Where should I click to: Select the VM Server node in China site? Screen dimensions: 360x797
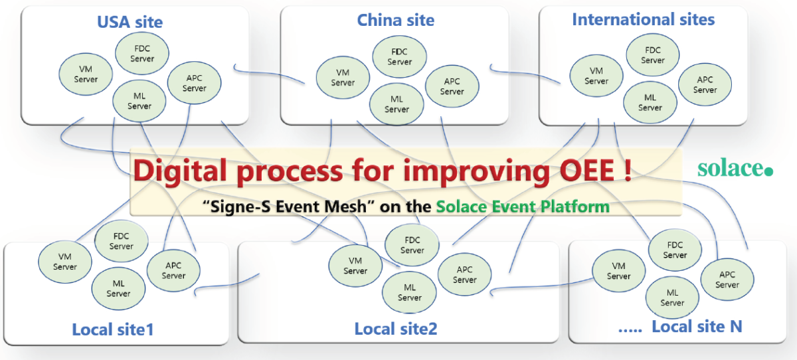click(x=343, y=78)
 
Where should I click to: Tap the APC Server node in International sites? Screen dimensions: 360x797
click(x=705, y=85)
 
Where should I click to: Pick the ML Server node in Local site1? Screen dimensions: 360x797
click(x=118, y=288)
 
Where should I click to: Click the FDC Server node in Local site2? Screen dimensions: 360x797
click(x=412, y=245)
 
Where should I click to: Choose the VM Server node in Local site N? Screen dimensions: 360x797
click(x=618, y=271)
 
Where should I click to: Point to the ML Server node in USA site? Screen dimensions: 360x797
click(x=139, y=101)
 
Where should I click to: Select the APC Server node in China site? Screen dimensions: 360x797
click(x=452, y=86)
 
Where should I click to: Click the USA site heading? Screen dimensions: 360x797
click(x=130, y=21)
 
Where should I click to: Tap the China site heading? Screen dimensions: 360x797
click(x=396, y=20)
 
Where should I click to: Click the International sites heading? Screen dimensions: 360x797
click(x=643, y=19)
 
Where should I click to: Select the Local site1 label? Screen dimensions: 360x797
click(x=113, y=329)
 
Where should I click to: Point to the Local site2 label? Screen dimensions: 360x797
click(x=396, y=328)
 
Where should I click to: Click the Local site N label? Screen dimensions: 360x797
click(x=697, y=326)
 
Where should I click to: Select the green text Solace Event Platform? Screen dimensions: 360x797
click(x=523, y=206)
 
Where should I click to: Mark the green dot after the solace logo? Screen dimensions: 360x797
click(x=769, y=171)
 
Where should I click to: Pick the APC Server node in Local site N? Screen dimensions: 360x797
click(x=727, y=280)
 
